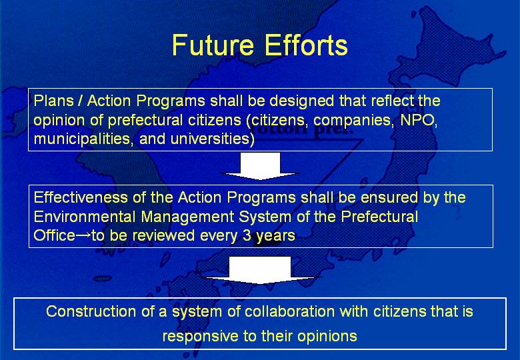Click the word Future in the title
(213, 45)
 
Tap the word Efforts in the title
(306, 45)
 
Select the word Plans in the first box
(53, 101)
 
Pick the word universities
(210, 139)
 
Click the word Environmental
(85, 217)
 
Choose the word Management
(187, 217)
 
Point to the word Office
(55, 236)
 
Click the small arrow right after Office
(83, 236)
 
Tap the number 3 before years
(247, 236)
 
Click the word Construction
(91, 311)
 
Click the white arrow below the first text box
(260, 166)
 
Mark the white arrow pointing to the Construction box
(260, 270)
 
